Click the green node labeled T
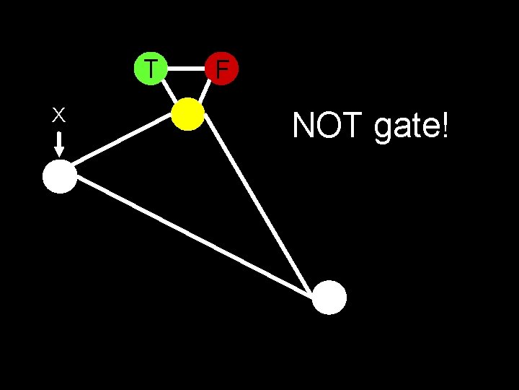[x=151, y=69]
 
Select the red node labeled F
[x=221, y=69]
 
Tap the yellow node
[x=189, y=114]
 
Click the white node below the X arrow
[x=60, y=178]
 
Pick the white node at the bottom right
[x=329, y=297]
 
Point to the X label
[x=59, y=115]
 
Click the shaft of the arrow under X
[x=59, y=139]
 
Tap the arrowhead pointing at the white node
[x=59, y=152]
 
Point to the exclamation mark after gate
[x=445, y=127]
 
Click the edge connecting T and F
[x=186, y=69]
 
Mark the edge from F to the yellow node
[x=205, y=91]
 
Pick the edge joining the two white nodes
[x=195, y=236]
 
